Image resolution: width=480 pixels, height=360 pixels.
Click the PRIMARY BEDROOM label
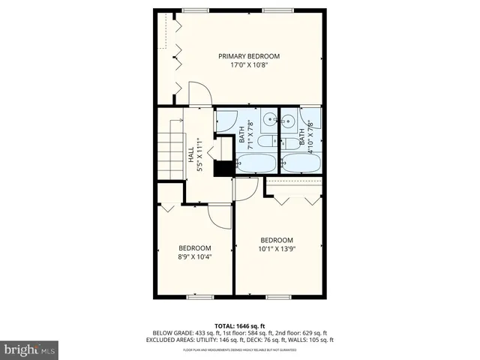click(x=248, y=56)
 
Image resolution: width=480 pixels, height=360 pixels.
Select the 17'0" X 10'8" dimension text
click(x=248, y=65)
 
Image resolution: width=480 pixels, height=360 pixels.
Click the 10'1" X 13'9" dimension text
click(x=277, y=249)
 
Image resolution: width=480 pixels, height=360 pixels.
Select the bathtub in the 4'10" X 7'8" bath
click(x=301, y=163)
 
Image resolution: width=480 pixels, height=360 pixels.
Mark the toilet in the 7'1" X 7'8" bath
click(x=265, y=142)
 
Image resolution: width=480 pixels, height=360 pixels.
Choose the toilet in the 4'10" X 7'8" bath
click(x=289, y=143)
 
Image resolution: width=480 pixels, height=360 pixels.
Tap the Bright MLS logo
click(x=30, y=349)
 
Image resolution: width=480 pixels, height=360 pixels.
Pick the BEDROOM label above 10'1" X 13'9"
click(x=277, y=240)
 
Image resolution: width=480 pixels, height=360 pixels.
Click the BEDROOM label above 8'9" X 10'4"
click(x=194, y=248)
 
